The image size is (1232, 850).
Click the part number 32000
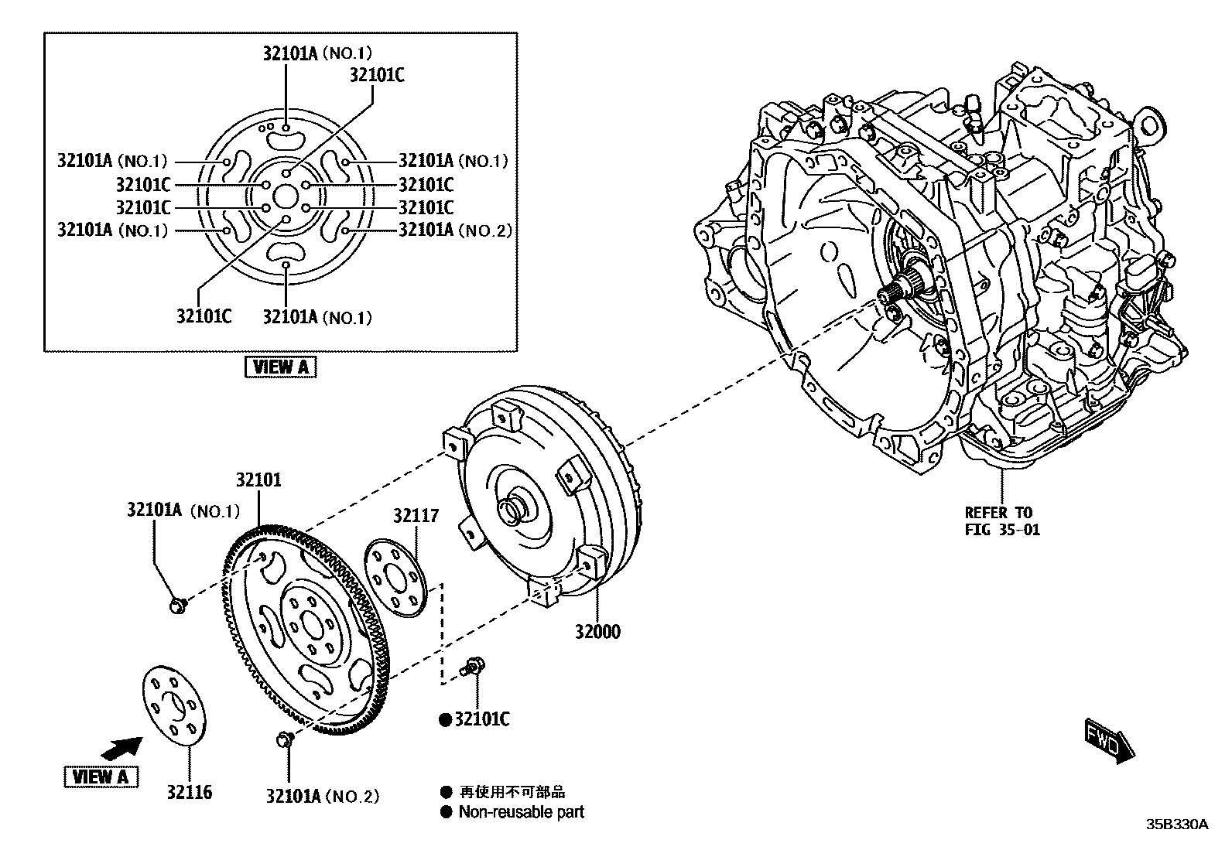(597, 632)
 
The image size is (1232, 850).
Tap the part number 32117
(416, 516)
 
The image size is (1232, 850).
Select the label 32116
(188, 792)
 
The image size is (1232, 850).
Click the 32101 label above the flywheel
(258, 480)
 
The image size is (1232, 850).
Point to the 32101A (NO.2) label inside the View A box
(454, 230)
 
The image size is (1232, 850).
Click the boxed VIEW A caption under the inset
(281, 367)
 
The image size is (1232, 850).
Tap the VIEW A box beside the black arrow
(101, 776)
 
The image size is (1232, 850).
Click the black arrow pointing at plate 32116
(121, 747)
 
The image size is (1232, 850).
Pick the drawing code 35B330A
(1176, 824)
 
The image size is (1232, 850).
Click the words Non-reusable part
(521, 812)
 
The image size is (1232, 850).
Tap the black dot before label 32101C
(445, 720)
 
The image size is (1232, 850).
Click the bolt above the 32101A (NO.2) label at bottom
(285, 739)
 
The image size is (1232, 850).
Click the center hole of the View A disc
(286, 196)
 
